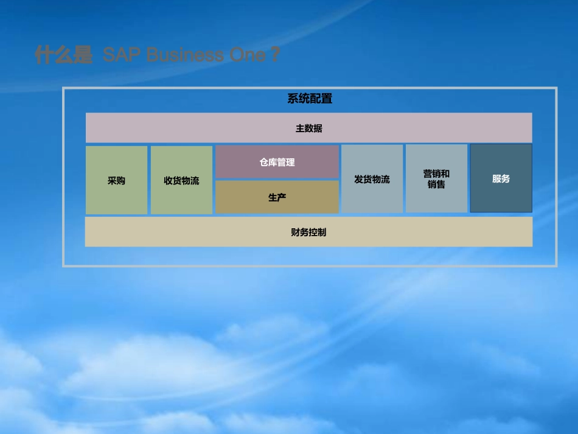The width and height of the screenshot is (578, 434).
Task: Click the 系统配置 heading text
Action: tap(310, 99)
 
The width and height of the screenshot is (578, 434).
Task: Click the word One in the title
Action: tap(247, 55)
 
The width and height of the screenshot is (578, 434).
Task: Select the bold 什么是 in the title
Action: tap(63, 55)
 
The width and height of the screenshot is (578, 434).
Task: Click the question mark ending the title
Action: tap(275, 55)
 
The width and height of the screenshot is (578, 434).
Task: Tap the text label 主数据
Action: tap(309, 128)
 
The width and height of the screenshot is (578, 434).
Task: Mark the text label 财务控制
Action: tap(308, 232)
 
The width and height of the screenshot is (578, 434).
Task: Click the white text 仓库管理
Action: tap(277, 163)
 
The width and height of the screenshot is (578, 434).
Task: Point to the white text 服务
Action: tap(501, 179)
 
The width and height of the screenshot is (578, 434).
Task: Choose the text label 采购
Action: tap(116, 181)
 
